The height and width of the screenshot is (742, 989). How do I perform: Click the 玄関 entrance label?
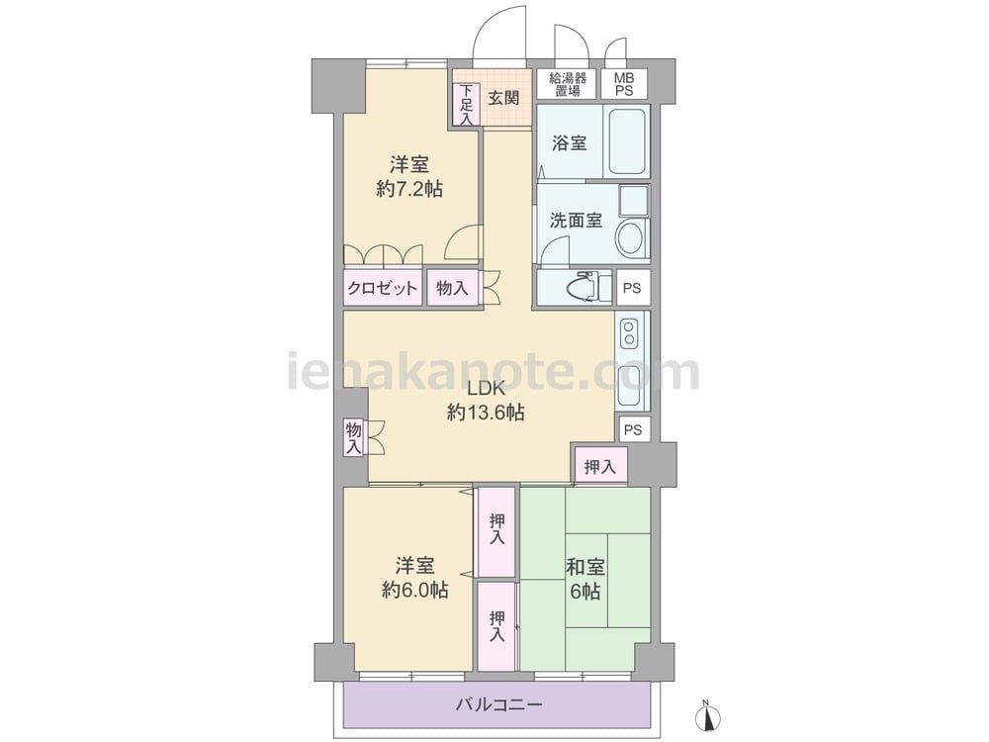(504, 98)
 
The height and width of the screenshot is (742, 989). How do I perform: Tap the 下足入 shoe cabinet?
(466, 105)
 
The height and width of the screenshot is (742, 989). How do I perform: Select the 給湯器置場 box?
(567, 83)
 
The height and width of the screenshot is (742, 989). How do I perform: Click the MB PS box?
(624, 83)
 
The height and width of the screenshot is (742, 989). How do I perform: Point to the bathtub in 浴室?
(626, 141)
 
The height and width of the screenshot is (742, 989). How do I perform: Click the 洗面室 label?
(576, 221)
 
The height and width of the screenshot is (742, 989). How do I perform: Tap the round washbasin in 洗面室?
(629, 237)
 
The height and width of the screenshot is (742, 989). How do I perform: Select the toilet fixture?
(589, 288)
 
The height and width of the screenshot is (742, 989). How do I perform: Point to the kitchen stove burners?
(629, 333)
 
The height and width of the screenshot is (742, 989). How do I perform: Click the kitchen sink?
(629, 386)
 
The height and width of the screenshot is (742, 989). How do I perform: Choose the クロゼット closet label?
(382, 288)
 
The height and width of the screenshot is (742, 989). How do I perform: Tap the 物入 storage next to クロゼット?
(452, 288)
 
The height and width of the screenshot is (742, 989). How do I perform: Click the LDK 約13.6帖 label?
(486, 401)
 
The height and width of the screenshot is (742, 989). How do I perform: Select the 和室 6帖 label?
(585, 579)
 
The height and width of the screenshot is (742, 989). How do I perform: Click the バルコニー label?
(498, 704)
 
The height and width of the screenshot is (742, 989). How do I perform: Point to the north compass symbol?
(708, 715)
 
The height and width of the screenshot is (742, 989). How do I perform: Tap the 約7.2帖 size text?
(409, 189)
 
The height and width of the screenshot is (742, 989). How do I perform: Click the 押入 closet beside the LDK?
(600, 467)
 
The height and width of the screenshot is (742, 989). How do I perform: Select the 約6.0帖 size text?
(415, 590)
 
